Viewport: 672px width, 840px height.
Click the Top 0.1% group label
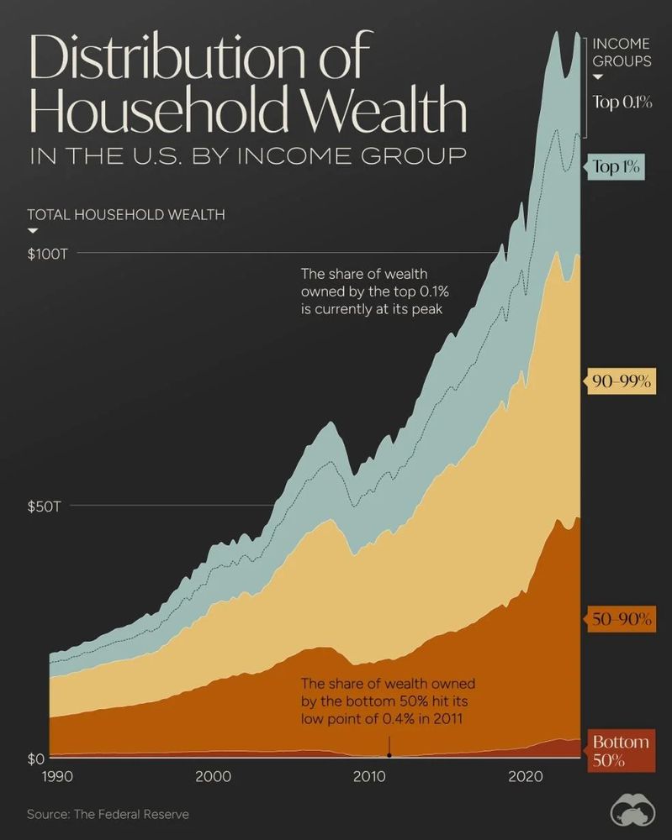[x=622, y=102]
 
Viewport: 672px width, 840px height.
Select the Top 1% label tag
[x=616, y=166]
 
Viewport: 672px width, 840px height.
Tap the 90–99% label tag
[x=622, y=381]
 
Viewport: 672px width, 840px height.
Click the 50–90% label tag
[x=622, y=620]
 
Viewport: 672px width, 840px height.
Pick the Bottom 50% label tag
[x=620, y=751]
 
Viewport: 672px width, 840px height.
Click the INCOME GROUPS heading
[x=622, y=52]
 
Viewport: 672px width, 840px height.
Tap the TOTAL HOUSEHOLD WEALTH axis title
[x=126, y=214]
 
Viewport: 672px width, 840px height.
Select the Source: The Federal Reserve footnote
[x=108, y=814]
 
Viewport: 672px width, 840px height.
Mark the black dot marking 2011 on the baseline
[x=389, y=755]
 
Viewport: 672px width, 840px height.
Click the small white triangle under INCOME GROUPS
[x=599, y=78]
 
